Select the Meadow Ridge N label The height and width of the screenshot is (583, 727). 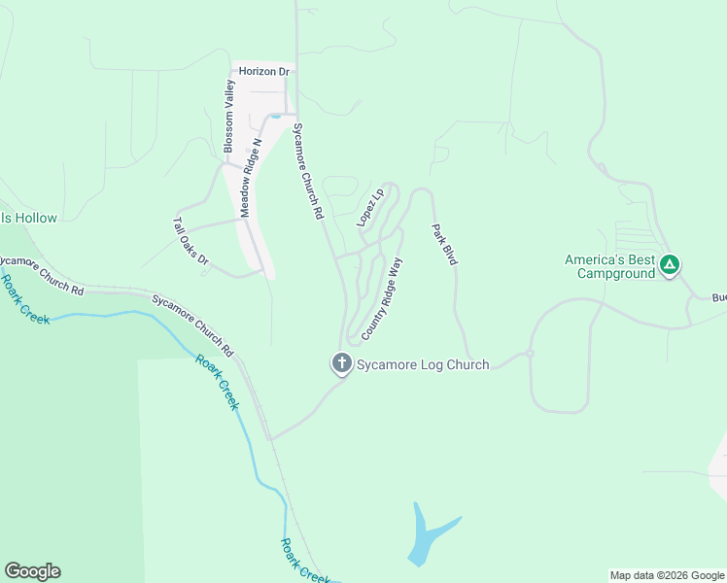[x=251, y=178]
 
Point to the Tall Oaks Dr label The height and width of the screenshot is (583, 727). [x=191, y=241]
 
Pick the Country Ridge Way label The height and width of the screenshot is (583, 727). [x=382, y=298]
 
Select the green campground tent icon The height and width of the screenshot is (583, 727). [x=670, y=264]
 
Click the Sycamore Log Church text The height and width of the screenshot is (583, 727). [x=422, y=364]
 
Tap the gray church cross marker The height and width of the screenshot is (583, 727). [x=341, y=364]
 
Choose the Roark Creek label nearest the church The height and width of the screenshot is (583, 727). [x=218, y=381]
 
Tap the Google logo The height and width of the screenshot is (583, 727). [x=32, y=571]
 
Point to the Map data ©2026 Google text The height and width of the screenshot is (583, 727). [x=667, y=575]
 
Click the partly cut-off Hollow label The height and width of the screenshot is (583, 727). [x=29, y=219]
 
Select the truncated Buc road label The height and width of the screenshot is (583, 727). [x=718, y=297]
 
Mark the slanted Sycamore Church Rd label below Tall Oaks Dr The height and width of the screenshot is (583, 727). [x=193, y=323]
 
